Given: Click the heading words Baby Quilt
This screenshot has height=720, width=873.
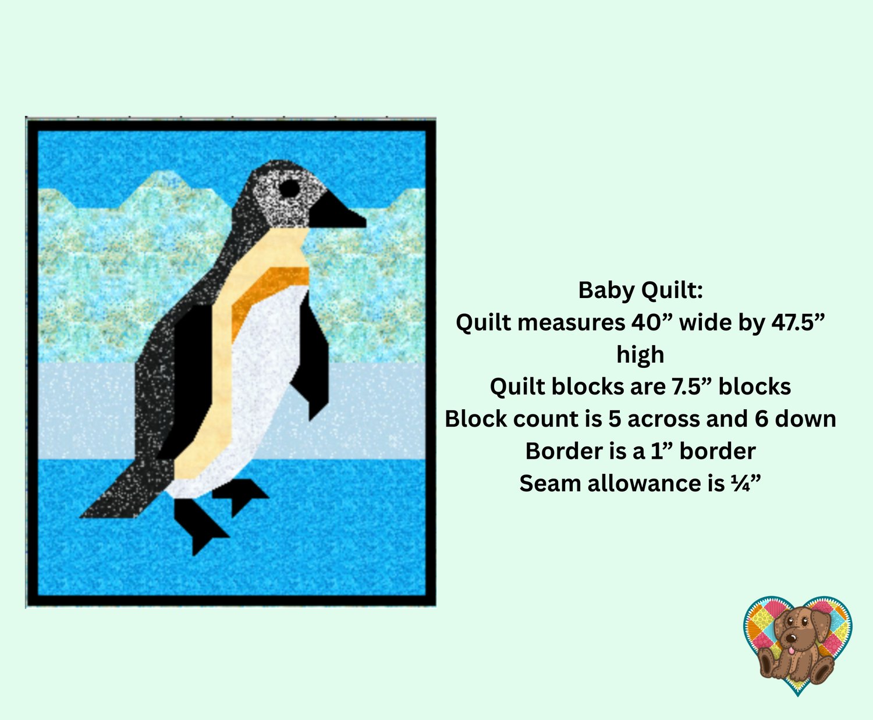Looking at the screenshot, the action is tap(641, 290).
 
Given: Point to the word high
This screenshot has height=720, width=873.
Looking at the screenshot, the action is tap(640, 354).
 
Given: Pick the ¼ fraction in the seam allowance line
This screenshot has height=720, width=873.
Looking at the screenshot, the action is tap(740, 483).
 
